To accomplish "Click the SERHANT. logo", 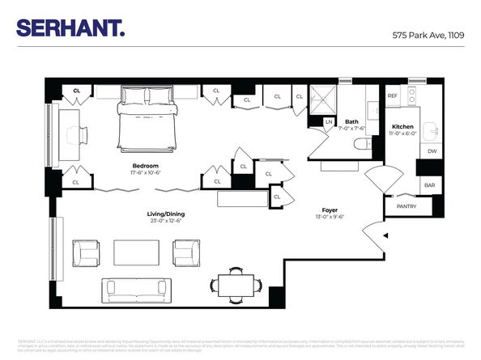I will click(x=71, y=28).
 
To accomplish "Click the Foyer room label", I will click(x=330, y=210).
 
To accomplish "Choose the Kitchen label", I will click(x=403, y=127).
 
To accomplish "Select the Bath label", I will click(x=351, y=121).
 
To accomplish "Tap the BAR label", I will click(x=427, y=184).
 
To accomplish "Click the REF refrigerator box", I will click(x=392, y=95).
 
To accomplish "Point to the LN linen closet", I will click(x=329, y=122).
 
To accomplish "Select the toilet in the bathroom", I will click(x=362, y=145).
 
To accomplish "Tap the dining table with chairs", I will click(x=236, y=283).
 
